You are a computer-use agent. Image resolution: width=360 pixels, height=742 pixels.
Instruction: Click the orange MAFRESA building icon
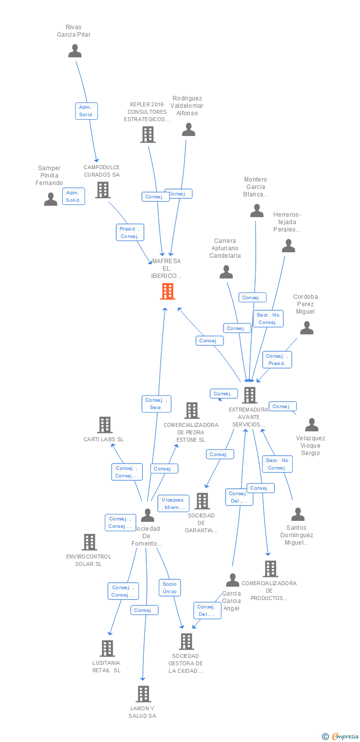pyautogui.click(x=168, y=291)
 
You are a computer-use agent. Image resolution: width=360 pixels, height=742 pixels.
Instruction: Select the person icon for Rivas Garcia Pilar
pyautogui.click(x=75, y=51)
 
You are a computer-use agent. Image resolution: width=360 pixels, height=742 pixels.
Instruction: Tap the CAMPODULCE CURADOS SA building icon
pyautogui.click(x=103, y=190)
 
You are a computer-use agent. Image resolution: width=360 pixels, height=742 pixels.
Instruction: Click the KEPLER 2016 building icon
pyautogui.click(x=147, y=135)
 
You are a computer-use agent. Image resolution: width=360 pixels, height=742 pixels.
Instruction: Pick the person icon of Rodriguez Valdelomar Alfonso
pyautogui.click(x=188, y=130)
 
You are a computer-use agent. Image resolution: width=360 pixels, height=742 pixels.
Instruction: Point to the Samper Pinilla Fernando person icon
pyautogui.click(x=50, y=199)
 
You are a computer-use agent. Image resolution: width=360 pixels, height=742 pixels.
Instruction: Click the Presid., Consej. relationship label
pyautogui.click(x=130, y=232)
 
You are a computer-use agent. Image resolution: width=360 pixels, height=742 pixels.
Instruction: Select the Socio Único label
pyautogui.click(x=170, y=588)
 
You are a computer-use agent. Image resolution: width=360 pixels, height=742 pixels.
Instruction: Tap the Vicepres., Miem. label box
pyautogui.click(x=173, y=504)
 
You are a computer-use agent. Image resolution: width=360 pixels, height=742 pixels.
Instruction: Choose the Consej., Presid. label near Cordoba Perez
pyautogui.click(x=277, y=360)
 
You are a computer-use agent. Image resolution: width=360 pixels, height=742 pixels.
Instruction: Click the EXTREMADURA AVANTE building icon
pyautogui.click(x=250, y=395)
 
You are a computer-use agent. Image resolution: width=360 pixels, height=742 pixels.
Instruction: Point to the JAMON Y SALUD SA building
pyautogui.click(x=143, y=694)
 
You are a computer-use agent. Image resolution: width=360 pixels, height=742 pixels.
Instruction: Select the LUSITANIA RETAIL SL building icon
pyautogui.click(x=107, y=648)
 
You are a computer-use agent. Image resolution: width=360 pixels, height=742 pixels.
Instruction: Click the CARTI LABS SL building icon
pyautogui.click(x=104, y=425)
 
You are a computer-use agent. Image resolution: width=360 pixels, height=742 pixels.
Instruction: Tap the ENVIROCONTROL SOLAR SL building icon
pyautogui.click(x=90, y=542)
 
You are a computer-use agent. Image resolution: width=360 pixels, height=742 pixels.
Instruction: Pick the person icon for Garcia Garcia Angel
pyautogui.click(x=232, y=580)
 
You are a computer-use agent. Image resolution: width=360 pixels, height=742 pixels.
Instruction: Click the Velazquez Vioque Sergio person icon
pyautogui.click(x=312, y=425)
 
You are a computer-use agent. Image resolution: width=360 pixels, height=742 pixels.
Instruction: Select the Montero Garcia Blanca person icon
pyautogui.click(x=257, y=211)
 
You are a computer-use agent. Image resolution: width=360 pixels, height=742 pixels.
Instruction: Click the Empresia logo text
pyautogui.click(x=345, y=737)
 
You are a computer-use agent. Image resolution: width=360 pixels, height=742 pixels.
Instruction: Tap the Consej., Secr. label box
pyautogui.click(x=156, y=404)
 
